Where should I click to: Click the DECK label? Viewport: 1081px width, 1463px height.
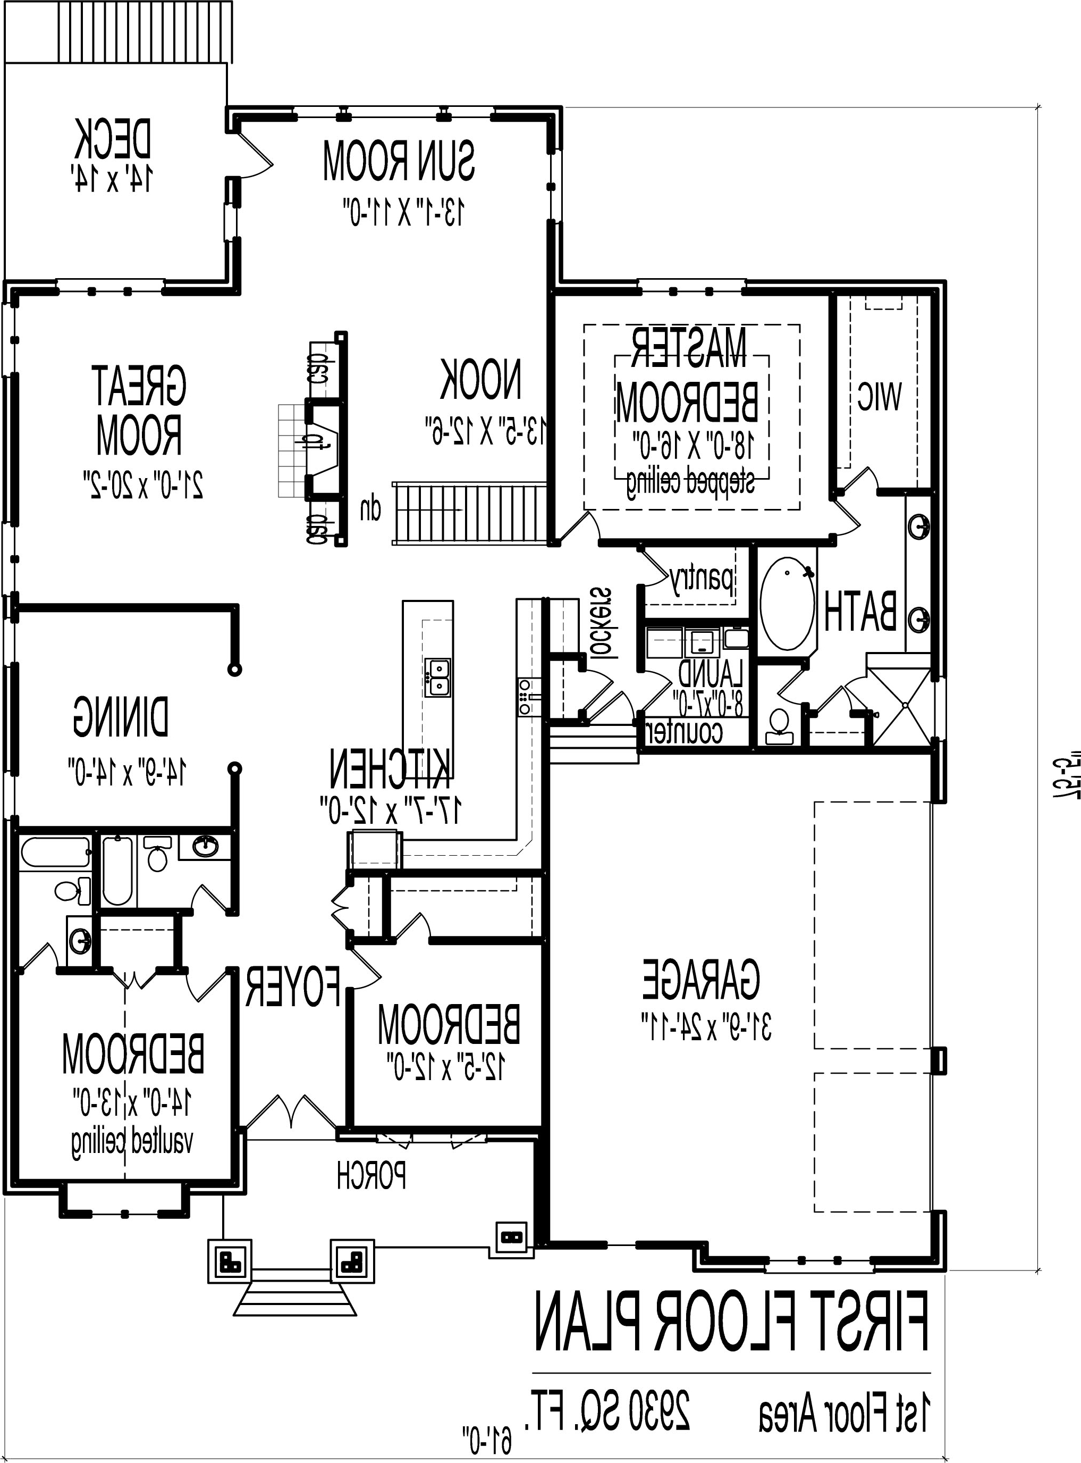113,139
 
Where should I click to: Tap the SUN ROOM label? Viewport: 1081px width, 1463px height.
399,161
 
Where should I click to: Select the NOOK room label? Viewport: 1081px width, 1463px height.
481,380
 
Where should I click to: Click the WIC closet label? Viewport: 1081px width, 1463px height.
879,396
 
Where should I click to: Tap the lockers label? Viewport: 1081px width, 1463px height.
603,622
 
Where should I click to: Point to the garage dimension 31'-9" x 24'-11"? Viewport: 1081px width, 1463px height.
707,1026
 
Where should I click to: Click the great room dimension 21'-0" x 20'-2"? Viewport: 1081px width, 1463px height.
142,484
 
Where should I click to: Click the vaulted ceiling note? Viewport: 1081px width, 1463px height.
133,1142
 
